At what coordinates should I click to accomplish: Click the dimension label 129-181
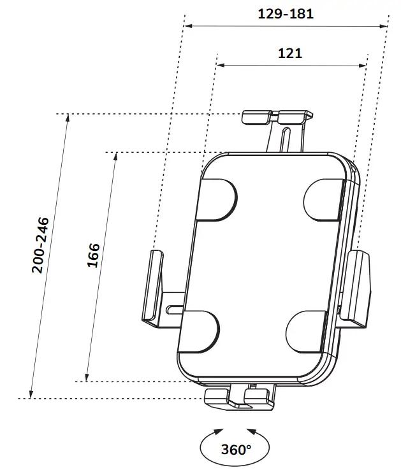pyautogui.click(x=286, y=13)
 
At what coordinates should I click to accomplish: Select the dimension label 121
pyautogui.click(x=290, y=53)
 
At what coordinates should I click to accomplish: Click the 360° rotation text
pyautogui.click(x=236, y=450)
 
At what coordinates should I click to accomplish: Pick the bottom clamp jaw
pyautogui.click(x=239, y=396)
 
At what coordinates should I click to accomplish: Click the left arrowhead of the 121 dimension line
pyautogui.click(x=219, y=64)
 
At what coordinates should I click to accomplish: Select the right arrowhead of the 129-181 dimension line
pyautogui.click(x=385, y=26)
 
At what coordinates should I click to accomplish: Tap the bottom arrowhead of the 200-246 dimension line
pyautogui.click(x=31, y=393)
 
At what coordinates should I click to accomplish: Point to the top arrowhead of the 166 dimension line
pyautogui.click(x=115, y=157)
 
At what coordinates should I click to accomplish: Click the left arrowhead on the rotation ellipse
pyautogui.click(x=219, y=431)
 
